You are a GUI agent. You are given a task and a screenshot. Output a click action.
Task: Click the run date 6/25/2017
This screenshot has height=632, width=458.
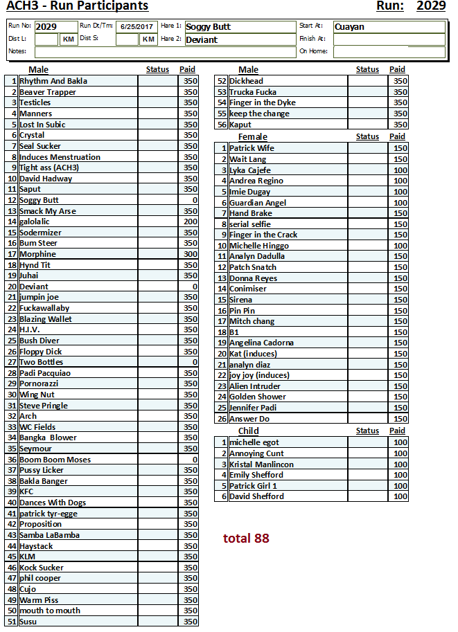click(x=136, y=27)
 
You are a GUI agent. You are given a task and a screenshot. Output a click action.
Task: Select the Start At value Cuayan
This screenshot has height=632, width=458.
click(x=349, y=27)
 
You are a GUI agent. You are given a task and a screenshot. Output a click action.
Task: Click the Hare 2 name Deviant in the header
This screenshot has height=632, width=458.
click(x=202, y=39)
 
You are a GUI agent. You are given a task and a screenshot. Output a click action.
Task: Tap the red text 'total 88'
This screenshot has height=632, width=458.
click(x=246, y=538)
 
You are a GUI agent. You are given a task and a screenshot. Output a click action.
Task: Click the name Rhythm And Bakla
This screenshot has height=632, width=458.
click(x=53, y=81)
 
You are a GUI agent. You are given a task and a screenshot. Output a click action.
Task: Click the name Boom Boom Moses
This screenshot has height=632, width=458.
click(x=55, y=460)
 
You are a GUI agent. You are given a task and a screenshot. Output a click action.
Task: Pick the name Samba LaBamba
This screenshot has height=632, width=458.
click(x=49, y=535)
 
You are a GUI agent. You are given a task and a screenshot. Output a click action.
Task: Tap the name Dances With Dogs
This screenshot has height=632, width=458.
click(x=53, y=503)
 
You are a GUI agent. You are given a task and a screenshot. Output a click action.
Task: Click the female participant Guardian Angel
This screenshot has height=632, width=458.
click(x=257, y=203)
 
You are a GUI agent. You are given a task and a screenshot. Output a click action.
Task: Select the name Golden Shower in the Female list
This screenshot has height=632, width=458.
click(x=257, y=397)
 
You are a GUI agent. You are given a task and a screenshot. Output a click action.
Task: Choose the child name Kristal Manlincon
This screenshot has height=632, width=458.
click(x=261, y=464)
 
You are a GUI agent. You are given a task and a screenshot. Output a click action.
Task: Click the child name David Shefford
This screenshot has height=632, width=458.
click(x=256, y=496)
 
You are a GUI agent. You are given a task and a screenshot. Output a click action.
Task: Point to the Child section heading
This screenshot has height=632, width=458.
click(x=248, y=431)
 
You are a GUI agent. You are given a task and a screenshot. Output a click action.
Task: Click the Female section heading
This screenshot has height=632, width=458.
click(x=252, y=137)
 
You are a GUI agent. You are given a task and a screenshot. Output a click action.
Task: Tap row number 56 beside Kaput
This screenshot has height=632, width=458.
click(x=222, y=125)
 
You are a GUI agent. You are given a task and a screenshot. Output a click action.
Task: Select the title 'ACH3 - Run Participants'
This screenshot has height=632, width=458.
click(x=77, y=6)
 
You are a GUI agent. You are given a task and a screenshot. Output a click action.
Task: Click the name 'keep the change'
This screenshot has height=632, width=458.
click(x=259, y=114)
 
